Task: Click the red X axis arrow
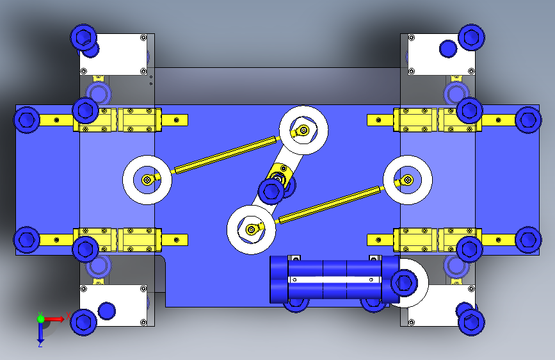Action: click(53, 319)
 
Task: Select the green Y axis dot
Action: click(41, 318)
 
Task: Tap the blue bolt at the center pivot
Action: click(271, 192)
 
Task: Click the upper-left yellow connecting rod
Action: click(226, 155)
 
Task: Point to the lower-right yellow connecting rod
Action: click(331, 205)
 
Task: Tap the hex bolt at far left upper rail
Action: click(26, 120)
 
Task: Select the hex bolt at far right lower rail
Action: click(528, 240)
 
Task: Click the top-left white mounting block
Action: click(113, 54)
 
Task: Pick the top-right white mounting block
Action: click(442, 54)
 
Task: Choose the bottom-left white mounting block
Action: click(113, 306)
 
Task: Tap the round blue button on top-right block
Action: click(448, 49)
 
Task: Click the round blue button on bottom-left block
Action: click(106, 311)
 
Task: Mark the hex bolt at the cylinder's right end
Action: click(404, 282)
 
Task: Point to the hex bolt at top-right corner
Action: click(472, 37)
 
